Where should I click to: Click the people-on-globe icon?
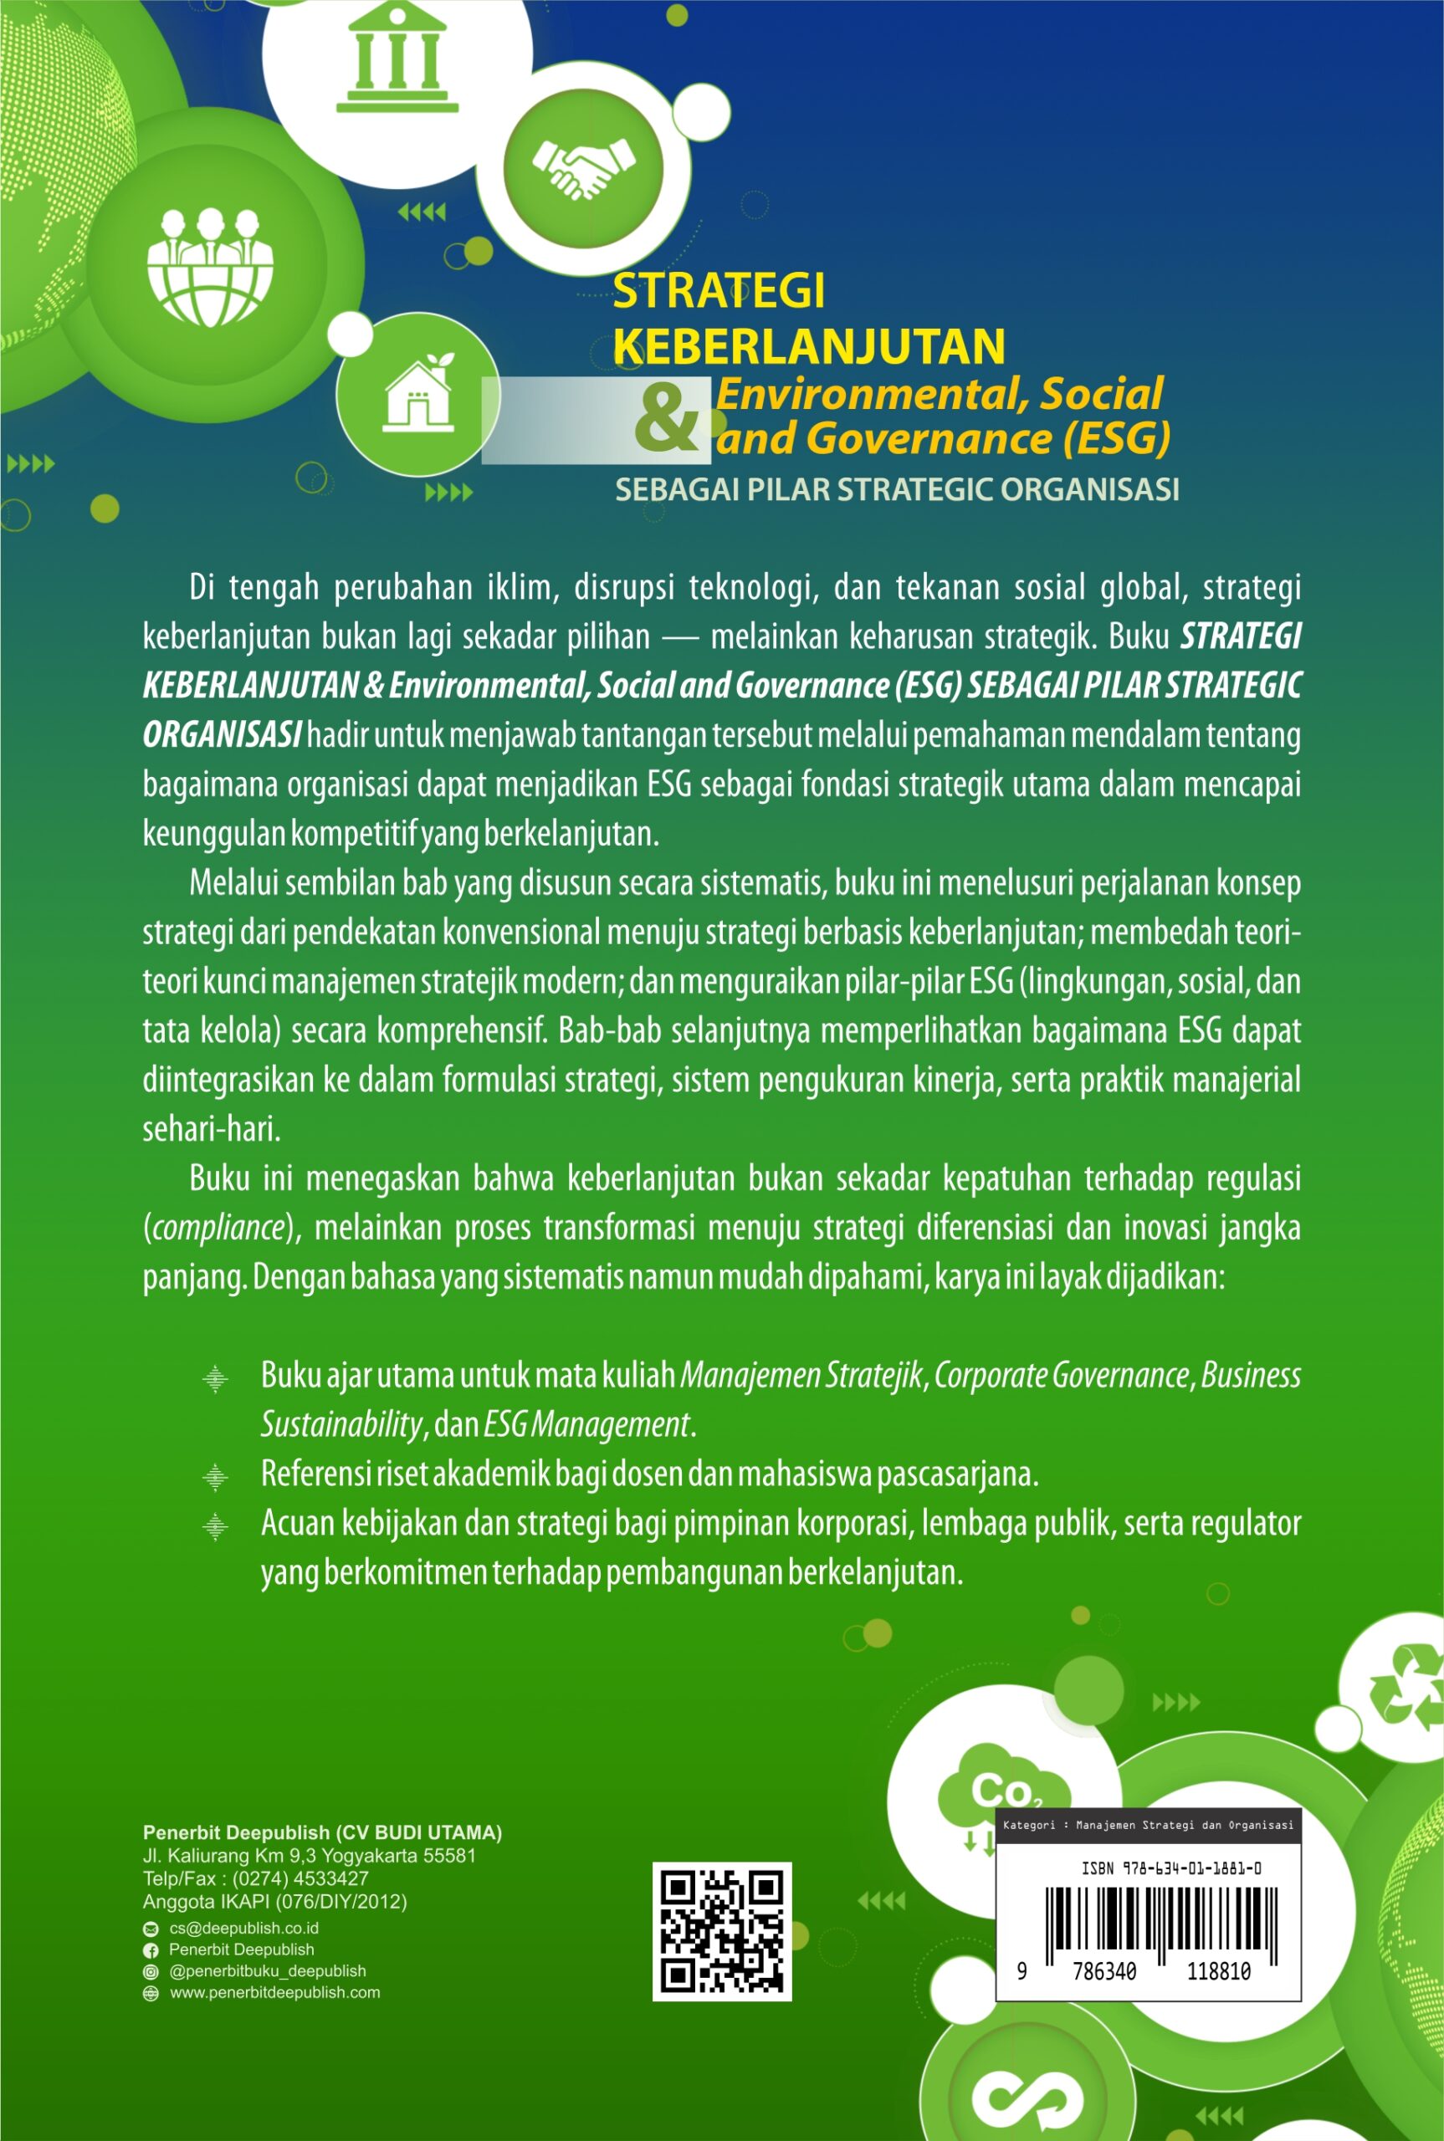(210, 267)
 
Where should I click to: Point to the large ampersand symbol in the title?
(666, 419)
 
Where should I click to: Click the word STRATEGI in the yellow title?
(719, 291)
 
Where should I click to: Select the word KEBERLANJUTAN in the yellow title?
(808, 346)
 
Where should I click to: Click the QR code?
(722, 1931)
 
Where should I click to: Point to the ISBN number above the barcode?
(1170, 1868)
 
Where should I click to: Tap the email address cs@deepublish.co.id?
(243, 1928)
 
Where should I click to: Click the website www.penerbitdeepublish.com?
(274, 1992)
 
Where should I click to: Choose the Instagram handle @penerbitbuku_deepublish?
(267, 1970)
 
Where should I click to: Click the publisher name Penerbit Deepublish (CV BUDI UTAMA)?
(322, 1832)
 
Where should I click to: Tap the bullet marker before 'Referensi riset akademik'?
(214, 1476)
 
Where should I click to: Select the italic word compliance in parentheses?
(219, 1228)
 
